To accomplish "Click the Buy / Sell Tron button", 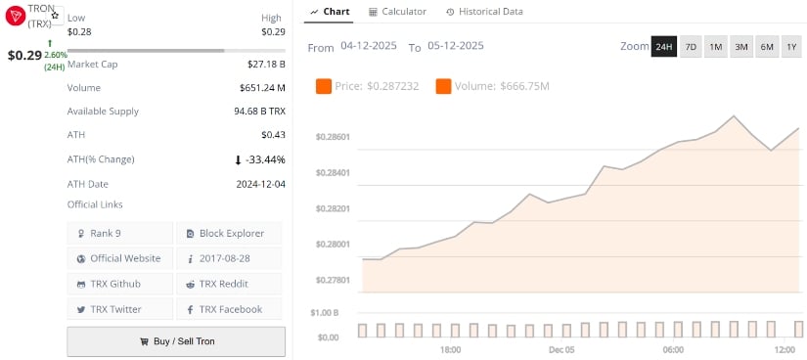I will pos(176,341).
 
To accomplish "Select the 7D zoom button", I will pos(691,47).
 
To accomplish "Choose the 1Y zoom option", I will pos(791,47).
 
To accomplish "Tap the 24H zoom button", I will pos(664,47).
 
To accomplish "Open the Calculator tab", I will pos(397,12).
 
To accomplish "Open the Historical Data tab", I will pos(483,12).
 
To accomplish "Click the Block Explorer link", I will pos(229,233).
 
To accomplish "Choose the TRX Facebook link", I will pos(229,309).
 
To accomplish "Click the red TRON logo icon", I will pos(16,15).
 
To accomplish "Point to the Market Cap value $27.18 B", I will pos(266,64).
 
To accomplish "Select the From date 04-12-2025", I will pos(370,47).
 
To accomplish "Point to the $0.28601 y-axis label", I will pos(333,137).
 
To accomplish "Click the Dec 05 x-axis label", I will pos(561,349).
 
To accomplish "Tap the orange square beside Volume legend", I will pos(443,87).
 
